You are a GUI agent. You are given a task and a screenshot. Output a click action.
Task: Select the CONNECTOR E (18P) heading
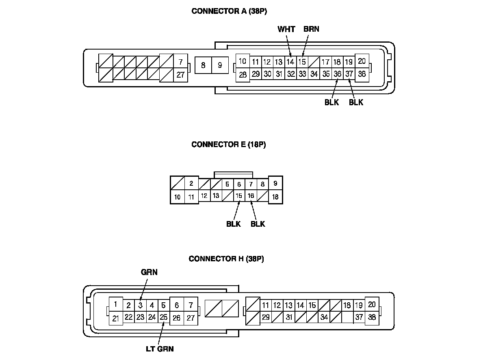point(228,144)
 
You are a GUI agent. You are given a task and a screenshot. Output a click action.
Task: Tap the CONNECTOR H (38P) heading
point(226,259)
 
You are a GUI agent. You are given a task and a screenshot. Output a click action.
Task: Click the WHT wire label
point(286,29)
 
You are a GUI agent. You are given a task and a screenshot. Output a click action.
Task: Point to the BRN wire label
point(311,29)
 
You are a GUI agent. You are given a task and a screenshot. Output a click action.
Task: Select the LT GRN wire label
point(160,349)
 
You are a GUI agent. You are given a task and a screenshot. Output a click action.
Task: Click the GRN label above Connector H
point(149,273)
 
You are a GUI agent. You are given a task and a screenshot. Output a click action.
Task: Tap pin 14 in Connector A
point(290,62)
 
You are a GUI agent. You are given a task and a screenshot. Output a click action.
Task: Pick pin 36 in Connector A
point(337,74)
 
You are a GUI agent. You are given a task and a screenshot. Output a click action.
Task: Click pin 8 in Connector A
point(203,65)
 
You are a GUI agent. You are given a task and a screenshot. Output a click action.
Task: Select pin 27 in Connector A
point(180,75)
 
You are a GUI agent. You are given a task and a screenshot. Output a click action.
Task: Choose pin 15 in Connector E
point(239,196)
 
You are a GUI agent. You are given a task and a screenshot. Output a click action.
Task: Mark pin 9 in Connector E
point(275,184)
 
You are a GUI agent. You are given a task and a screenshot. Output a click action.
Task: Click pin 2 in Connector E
point(191,183)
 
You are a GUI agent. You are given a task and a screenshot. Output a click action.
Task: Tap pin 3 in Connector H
point(140,306)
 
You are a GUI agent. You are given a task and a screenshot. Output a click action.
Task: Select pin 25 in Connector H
point(163,317)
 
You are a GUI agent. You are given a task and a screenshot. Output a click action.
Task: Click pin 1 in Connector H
point(116,304)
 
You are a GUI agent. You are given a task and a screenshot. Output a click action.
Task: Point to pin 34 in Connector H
point(324,317)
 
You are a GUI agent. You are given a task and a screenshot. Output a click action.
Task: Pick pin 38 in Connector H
point(372,317)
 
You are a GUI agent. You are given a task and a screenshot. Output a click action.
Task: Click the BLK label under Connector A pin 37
point(356,102)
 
